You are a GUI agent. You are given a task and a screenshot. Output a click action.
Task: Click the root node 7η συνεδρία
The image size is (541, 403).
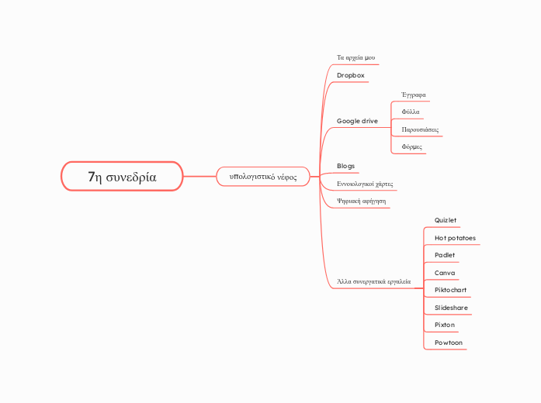tap(122, 177)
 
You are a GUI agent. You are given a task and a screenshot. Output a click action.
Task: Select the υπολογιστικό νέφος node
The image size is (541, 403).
tap(263, 177)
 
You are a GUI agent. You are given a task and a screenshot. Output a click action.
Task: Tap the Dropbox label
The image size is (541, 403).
tap(351, 75)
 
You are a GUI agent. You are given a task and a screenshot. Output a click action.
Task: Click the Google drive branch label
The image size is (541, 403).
tap(357, 122)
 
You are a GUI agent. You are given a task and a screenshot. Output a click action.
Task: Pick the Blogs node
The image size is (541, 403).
tap(346, 167)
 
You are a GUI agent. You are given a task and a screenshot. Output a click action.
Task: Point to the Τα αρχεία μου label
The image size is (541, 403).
tap(356, 57)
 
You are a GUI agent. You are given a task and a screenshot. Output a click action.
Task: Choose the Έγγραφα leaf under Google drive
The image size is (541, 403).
tap(413, 95)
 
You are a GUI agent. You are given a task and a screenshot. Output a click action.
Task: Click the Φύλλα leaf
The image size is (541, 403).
tap(411, 112)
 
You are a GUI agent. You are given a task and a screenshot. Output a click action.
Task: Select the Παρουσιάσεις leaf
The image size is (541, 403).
tap(420, 129)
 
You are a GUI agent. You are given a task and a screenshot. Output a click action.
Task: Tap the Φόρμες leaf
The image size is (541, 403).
tap(412, 146)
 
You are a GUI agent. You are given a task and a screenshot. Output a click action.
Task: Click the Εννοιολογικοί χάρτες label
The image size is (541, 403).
tap(365, 184)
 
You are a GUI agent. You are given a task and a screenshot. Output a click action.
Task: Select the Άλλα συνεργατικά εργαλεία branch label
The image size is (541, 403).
tap(374, 281)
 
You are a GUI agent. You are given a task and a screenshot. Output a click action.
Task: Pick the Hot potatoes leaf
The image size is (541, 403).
tap(456, 238)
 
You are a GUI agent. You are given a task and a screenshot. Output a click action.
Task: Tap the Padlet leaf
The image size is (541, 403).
tap(446, 255)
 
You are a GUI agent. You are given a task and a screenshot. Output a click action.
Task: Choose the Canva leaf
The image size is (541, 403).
tap(446, 273)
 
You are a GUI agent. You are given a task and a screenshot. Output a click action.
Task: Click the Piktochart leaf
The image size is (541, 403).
tap(451, 290)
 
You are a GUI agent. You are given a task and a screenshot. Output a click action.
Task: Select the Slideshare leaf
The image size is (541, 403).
tap(452, 308)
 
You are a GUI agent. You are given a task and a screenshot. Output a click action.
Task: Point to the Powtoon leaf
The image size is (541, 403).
tap(449, 343)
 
